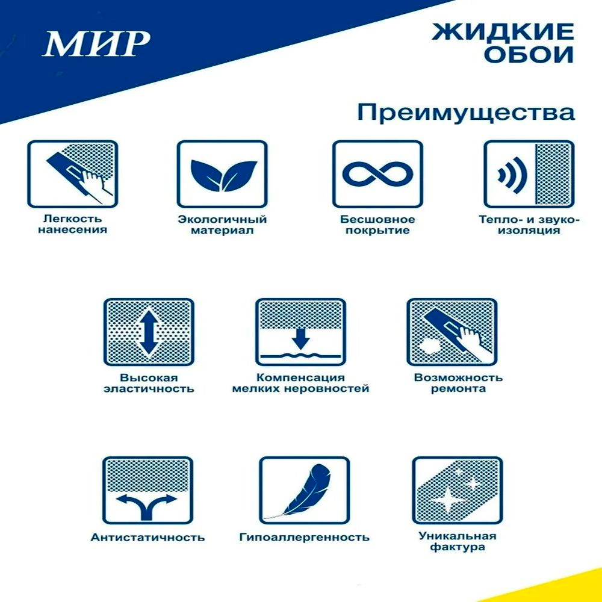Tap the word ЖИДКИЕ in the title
click(502, 31)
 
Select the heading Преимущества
click(466, 113)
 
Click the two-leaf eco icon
click(222, 175)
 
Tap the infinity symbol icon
click(377, 175)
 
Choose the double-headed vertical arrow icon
click(148, 332)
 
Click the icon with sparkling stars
click(458, 490)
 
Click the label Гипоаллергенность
click(304, 537)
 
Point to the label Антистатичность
click(147, 537)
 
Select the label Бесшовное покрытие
click(377, 225)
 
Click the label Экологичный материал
click(222, 225)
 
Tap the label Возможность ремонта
click(458, 383)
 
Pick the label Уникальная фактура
click(458, 542)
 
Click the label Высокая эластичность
click(148, 383)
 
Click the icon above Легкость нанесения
click(72, 175)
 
